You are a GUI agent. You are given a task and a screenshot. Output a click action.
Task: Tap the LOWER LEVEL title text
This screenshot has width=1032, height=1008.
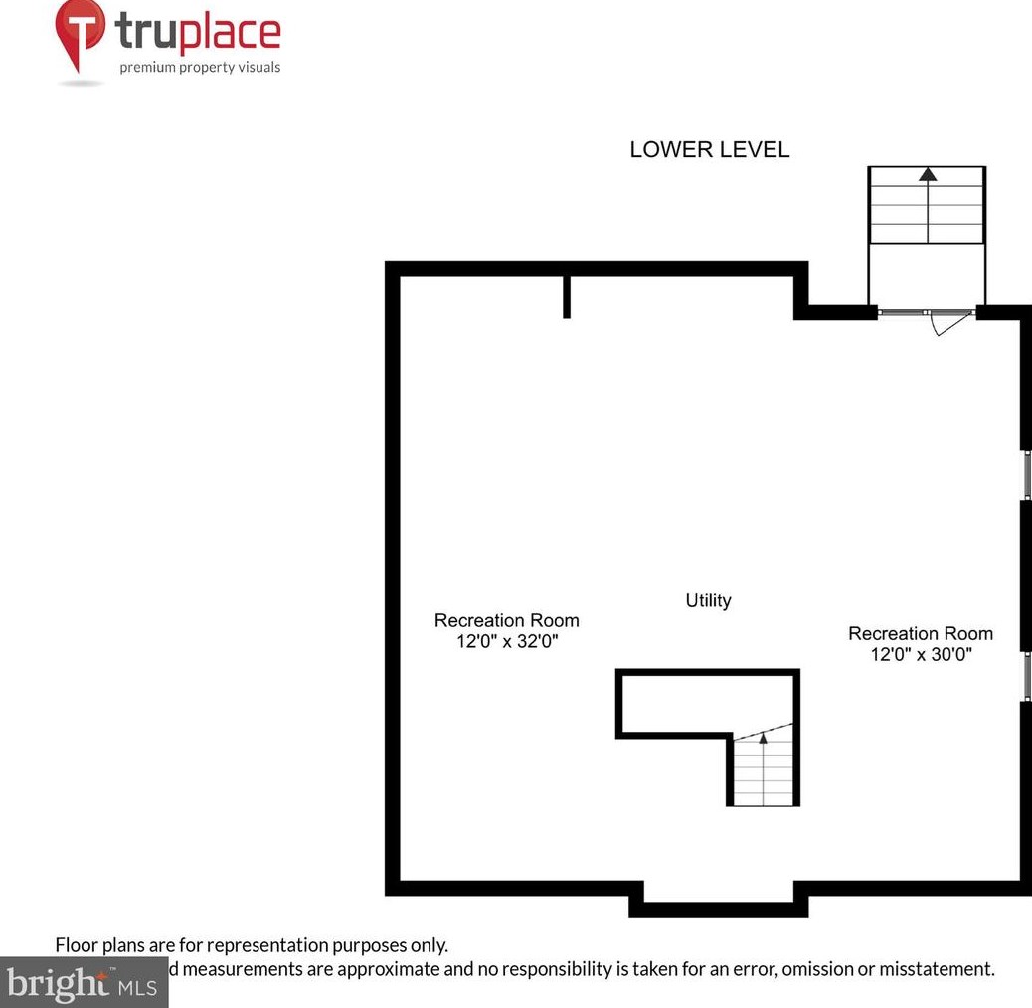pyautogui.click(x=709, y=150)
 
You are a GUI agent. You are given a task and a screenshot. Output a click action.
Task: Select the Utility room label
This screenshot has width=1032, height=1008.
pyautogui.click(x=709, y=600)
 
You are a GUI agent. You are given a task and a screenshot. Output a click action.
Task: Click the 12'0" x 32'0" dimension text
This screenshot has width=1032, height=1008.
pyautogui.click(x=507, y=641)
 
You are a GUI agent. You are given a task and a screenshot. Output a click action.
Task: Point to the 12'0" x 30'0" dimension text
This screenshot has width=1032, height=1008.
pyautogui.click(x=921, y=654)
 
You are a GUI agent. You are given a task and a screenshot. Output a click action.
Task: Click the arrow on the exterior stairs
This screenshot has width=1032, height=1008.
pyautogui.click(x=928, y=175)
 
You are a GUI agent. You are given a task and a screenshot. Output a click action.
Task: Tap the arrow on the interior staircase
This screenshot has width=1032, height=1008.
pyautogui.click(x=764, y=739)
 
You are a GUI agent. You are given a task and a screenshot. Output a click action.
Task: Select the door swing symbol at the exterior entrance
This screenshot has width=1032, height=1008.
pyautogui.click(x=945, y=324)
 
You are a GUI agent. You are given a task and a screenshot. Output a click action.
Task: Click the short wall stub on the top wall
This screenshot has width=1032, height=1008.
pyautogui.click(x=567, y=297)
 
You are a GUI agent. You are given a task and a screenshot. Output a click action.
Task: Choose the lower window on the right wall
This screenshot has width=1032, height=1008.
pyautogui.click(x=1027, y=676)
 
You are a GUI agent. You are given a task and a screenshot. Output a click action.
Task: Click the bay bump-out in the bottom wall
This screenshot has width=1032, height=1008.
pyautogui.click(x=718, y=905)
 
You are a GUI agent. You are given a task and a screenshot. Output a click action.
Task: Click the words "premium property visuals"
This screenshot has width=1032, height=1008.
pyautogui.click(x=200, y=68)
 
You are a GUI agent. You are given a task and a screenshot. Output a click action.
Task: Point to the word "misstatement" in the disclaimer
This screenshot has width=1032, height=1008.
pyautogui.click(x=936, y=968)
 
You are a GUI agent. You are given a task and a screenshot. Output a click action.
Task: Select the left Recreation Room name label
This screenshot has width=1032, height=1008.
pyautogui.click(x=507, y=620)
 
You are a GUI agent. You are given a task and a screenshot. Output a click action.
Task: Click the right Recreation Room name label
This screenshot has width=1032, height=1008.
pyautogui.click(x=921, y=633)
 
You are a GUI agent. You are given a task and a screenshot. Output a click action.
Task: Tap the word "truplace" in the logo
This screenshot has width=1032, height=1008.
pyautogui.click(x=199, y=32)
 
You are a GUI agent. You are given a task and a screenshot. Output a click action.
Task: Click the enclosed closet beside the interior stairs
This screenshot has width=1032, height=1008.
pyautogui.click(x=676, y=704)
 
